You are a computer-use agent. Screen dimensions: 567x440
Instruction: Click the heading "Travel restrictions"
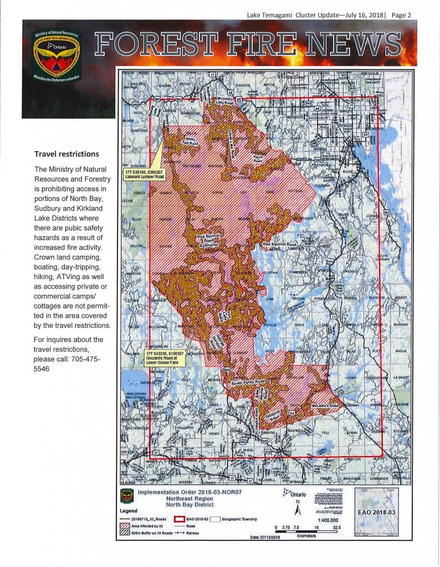(x=66, y=153)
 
